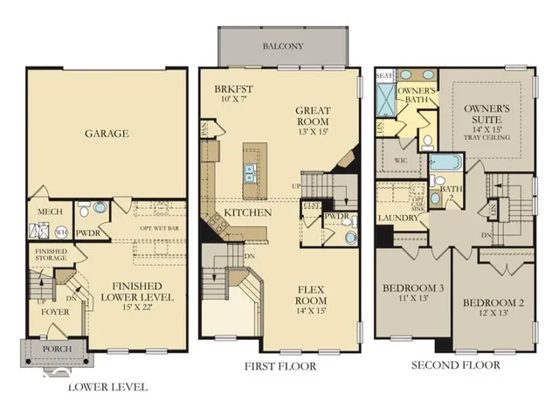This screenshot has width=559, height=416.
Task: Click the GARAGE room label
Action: click(107, 134)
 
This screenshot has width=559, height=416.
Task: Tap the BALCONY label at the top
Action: click(282, 45)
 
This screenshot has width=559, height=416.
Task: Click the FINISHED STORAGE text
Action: click(50, 254)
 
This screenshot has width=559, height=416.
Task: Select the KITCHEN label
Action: click(247, 212)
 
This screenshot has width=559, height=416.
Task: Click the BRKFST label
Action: click(232, 90)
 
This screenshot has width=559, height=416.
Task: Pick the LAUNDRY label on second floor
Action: click(398, 218)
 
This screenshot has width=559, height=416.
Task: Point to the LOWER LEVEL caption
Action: click(107, 386)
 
